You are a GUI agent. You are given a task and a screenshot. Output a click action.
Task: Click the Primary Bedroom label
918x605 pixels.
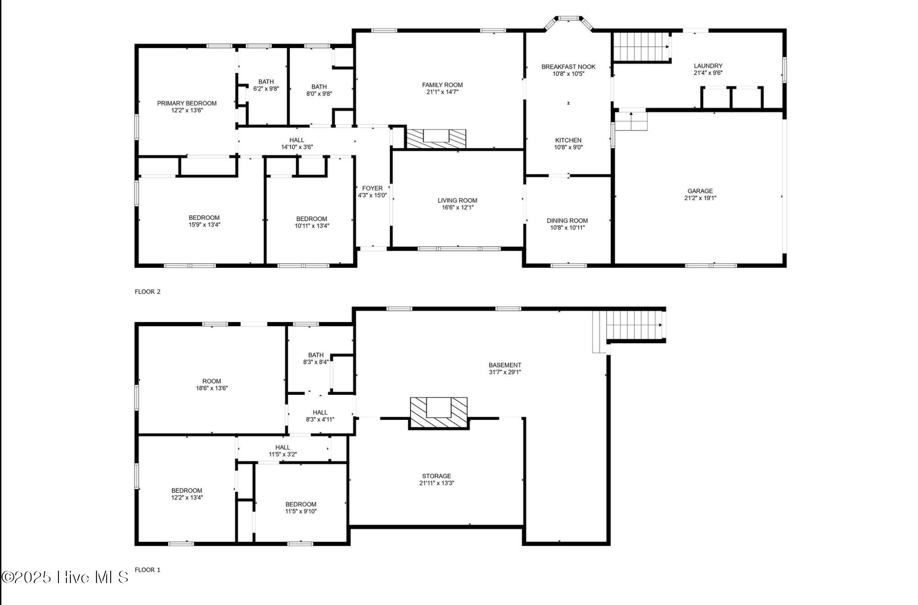pos(186,103)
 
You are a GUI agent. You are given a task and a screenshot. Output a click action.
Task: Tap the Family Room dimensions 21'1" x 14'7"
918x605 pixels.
pos(442,92)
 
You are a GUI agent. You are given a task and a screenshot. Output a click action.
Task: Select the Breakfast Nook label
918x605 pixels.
pos(568,67)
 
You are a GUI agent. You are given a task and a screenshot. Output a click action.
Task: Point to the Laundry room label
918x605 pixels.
pos(707,66)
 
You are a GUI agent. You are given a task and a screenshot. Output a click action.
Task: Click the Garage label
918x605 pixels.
pos(700,191)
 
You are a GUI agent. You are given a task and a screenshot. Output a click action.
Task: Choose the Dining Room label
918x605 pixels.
pos(567,221)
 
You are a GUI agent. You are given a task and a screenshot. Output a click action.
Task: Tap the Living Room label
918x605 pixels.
pos(457,201)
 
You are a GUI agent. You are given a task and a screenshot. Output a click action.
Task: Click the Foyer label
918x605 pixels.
pos(372,188)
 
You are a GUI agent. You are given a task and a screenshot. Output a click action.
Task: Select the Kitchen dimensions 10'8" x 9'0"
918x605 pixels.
pos(568,147)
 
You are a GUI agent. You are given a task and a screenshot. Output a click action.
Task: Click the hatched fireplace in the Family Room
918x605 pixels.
pos(436,138)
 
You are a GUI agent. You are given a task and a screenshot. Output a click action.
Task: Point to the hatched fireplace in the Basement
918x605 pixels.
pos(439,412)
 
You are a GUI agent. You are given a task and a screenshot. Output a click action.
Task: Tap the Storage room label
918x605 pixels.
pos(436,476)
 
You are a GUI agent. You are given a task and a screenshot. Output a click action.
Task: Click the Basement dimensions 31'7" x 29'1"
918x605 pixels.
pos(504,372)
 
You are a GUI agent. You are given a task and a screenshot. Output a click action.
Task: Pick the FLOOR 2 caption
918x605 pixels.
pos(148,292)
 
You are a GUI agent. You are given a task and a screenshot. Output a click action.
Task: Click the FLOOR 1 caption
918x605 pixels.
pos(148,570)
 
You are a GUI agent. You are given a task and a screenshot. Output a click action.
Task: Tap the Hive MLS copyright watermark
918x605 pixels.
pos(65,577)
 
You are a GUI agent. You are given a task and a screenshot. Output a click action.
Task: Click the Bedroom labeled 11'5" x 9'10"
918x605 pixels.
pos(301,504)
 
